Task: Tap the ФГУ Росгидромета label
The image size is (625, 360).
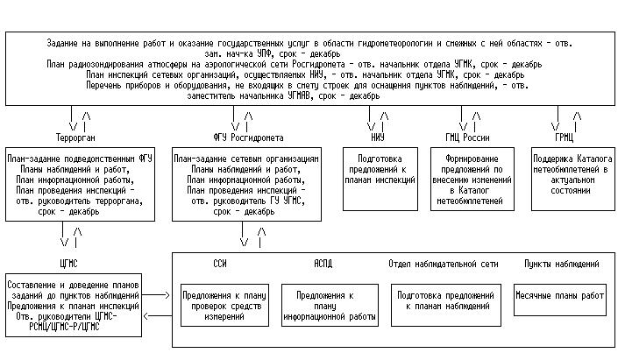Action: (x=248, y=138)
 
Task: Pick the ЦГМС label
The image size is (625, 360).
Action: (x=68, y=263)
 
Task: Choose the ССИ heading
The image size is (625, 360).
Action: (x=220, y=263)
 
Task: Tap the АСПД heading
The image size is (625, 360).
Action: (x=323, y=263)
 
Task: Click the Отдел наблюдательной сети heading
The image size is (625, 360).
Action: (x=444, y=263)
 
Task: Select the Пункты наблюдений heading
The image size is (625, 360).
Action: (x=561, y=263)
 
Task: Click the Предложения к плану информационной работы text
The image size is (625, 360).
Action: (x=324, y=303)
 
